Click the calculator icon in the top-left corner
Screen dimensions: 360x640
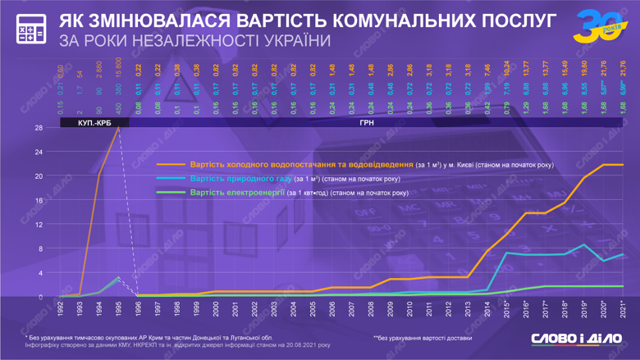tap(31, 29)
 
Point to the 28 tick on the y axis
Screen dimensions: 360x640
tap(39, 128)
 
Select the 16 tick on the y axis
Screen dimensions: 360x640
tap(39, 200)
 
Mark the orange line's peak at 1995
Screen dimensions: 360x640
tap(119, 128)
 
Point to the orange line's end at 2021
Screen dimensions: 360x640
tap(623, 165)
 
